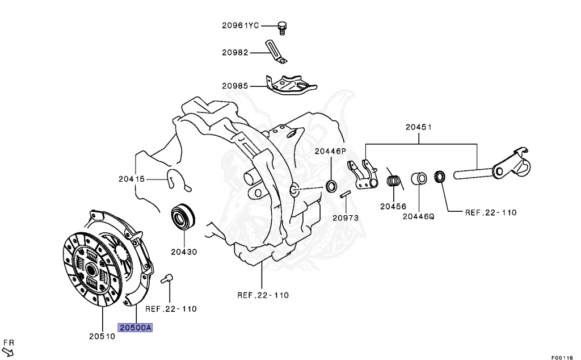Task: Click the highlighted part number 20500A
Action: (135, 328)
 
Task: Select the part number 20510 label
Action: (102, 336)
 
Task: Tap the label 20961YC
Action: (240, 26)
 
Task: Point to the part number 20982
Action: (235, 52)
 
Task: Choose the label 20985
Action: (235, 86)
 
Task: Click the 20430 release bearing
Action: (183, 216)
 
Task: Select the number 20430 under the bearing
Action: (183, 250)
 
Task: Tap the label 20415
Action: (132, 179)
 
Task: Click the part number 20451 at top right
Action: (419, 127)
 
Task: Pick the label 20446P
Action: (330, 151)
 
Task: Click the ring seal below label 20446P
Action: (331, 186)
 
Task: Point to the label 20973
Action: (346, 217)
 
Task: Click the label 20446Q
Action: (418, 216)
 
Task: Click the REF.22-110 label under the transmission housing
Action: (263, 295)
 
